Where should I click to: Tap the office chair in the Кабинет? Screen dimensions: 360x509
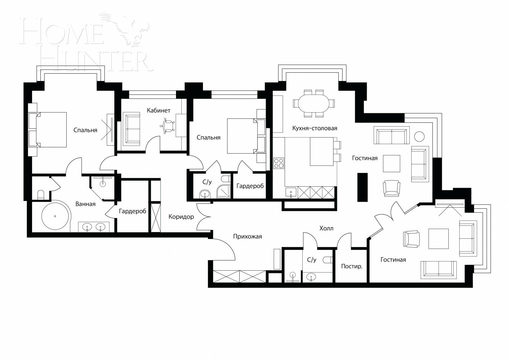168,126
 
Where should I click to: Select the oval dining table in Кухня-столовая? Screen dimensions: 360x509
313,103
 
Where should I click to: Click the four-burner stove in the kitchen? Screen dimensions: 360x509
279,163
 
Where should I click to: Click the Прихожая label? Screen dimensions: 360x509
247,237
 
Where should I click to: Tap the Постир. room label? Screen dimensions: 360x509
351,266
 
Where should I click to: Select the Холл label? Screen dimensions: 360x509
326,228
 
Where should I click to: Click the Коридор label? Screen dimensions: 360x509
181,217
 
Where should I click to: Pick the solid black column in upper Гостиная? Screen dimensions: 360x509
362,187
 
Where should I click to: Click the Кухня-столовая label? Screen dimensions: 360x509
315,128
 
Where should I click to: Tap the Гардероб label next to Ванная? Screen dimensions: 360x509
132,211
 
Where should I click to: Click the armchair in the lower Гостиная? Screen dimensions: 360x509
411,239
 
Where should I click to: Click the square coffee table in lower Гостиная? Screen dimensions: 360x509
439,239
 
